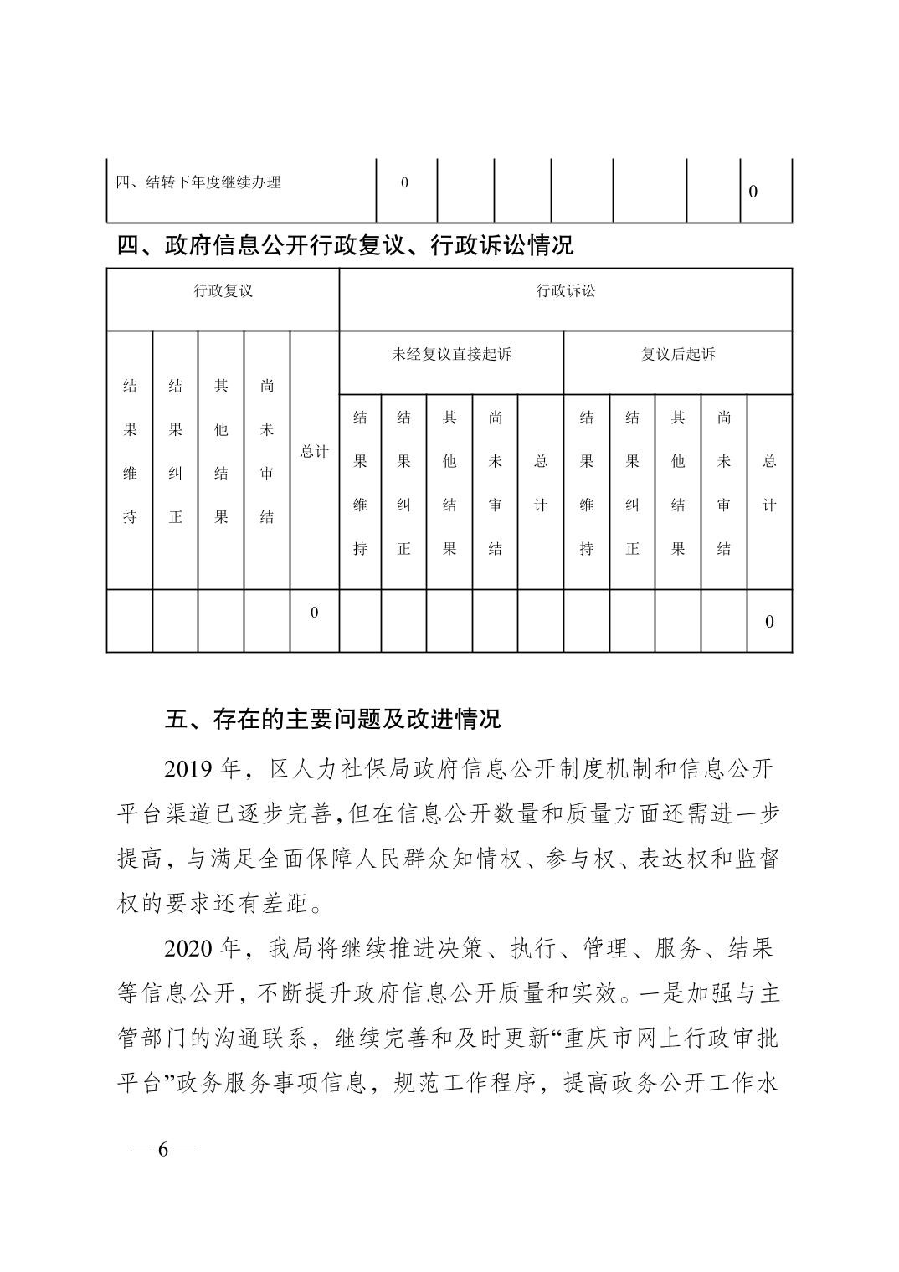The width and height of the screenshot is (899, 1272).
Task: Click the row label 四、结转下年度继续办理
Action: (198, 182)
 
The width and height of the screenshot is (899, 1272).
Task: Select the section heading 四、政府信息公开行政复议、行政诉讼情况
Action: (345, 246)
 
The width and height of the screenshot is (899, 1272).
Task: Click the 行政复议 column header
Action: (223, 291)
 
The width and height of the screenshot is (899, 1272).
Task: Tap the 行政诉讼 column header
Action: (566, 291)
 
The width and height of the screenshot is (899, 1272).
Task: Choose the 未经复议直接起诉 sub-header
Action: (451, 354)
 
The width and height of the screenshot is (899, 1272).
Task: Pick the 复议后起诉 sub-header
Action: (678, 354)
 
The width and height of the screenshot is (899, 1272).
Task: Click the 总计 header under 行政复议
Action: (314, 452)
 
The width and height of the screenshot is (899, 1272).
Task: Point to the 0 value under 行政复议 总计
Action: (314, 613)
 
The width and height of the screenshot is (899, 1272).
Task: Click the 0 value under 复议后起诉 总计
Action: (769, 622)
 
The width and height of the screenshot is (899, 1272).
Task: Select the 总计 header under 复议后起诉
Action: (769, 483)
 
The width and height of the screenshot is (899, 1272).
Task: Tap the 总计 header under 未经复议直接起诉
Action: (541, 483)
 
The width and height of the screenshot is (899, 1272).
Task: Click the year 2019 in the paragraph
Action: (191, 768)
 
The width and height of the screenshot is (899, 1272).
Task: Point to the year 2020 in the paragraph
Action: (191, 949)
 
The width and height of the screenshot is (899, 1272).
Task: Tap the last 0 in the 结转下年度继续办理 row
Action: (753, 192)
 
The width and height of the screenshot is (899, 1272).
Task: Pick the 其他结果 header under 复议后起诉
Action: (678, 483)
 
